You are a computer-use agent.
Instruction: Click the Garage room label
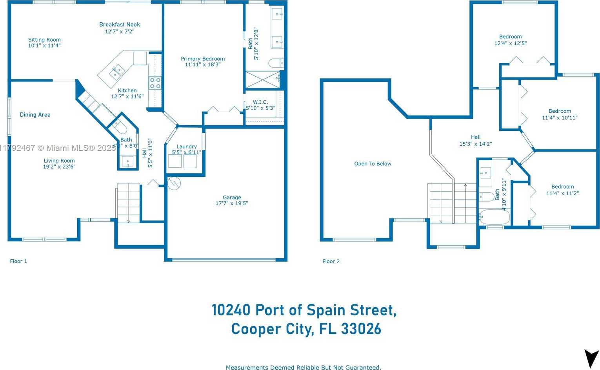point(232,198)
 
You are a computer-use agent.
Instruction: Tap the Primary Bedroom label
point(203,59)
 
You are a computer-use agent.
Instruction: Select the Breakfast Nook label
point(120,24)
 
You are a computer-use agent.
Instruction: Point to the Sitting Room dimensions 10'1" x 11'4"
point(44,46)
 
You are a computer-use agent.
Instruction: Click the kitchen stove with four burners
point(155,83)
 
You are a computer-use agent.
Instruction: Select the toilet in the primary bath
point(276,63)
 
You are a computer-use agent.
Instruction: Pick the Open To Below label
point(373,164)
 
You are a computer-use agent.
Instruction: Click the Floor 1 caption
point(18,261)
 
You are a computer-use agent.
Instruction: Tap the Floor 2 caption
point(331,261)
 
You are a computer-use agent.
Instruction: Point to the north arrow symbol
point(591,358)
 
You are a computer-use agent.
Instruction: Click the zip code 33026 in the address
point(361,329)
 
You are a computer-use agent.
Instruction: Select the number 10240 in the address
point(231,310)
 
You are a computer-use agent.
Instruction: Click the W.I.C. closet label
point(260,102)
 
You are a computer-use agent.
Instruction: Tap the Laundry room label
point(187,147)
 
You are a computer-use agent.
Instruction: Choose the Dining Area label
point(35,115)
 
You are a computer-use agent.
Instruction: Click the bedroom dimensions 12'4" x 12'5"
point(510,43)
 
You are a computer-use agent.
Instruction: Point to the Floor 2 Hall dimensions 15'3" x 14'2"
point(476,144)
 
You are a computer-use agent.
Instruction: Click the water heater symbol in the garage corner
point(174,183)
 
